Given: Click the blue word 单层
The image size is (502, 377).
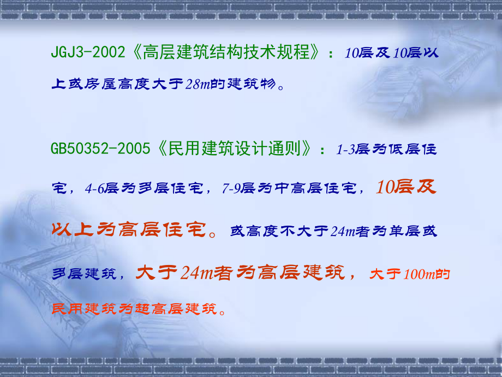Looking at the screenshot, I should pyautogui.click(x=406, y=231).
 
